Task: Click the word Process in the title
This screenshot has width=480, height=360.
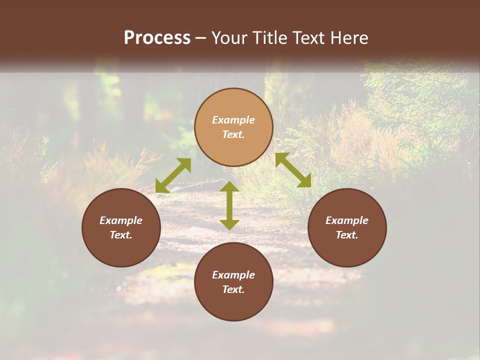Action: pos(157,38)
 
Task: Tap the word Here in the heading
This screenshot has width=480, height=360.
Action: pos(350,38)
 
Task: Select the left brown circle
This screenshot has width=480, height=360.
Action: pos(121,250)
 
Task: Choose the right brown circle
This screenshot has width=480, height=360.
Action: pos(347,250)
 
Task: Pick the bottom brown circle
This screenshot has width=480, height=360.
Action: pos(233,305)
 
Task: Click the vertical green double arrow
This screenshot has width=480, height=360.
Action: pos(229,205)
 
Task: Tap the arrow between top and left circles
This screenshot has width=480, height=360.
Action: pos(173,175)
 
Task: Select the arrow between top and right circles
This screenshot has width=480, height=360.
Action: pos(293,170)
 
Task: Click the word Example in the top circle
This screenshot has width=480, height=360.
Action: pos(233,120)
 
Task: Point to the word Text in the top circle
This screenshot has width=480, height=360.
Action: pos(233,134)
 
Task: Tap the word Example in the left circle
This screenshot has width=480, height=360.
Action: pos(121,220)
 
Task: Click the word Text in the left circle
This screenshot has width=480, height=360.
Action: pos(121,235)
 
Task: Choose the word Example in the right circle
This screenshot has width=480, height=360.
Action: pos(347,220)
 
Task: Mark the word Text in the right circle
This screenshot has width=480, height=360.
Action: pos(347,235)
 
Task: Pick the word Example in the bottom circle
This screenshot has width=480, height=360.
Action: pos(233,275)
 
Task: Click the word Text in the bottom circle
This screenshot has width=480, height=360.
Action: pos(233,289)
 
